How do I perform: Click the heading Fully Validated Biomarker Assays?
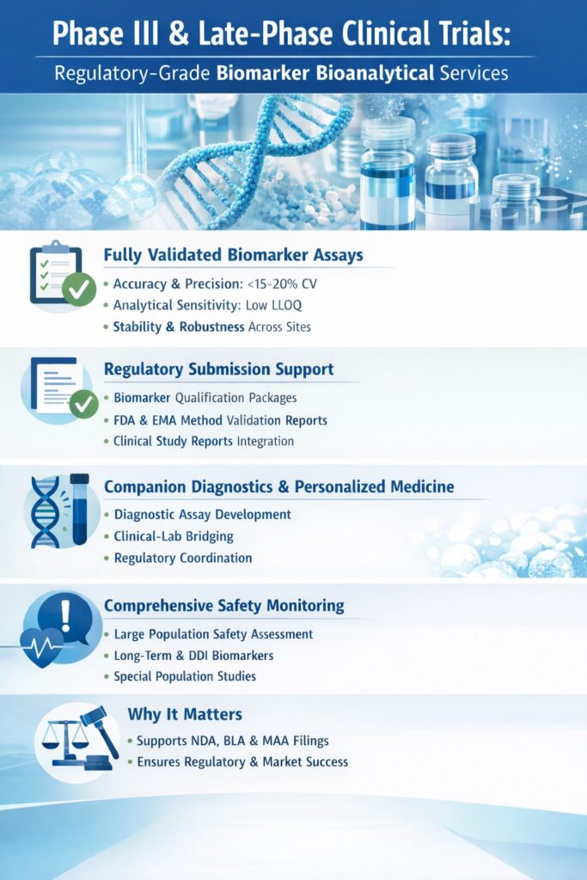pyautogui.click(x=233, y=255)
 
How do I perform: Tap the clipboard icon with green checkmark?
pyautogui.click(x=57, y=274)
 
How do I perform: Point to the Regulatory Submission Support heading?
pyautogui.click(x=218, y=370)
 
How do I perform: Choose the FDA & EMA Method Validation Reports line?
pyautogui.click(x=220, y=420)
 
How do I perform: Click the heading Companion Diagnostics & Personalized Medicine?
pyautogui.click(x=278, y=487)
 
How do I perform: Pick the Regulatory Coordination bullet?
pyautogui.click(x=183, y=558)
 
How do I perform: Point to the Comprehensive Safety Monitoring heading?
pyautogui.click(x=223, y=606)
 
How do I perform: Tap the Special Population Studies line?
pyautogui.click(x=185, y=676)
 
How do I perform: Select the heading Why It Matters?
pyautogui.click(x=184, y=714)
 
